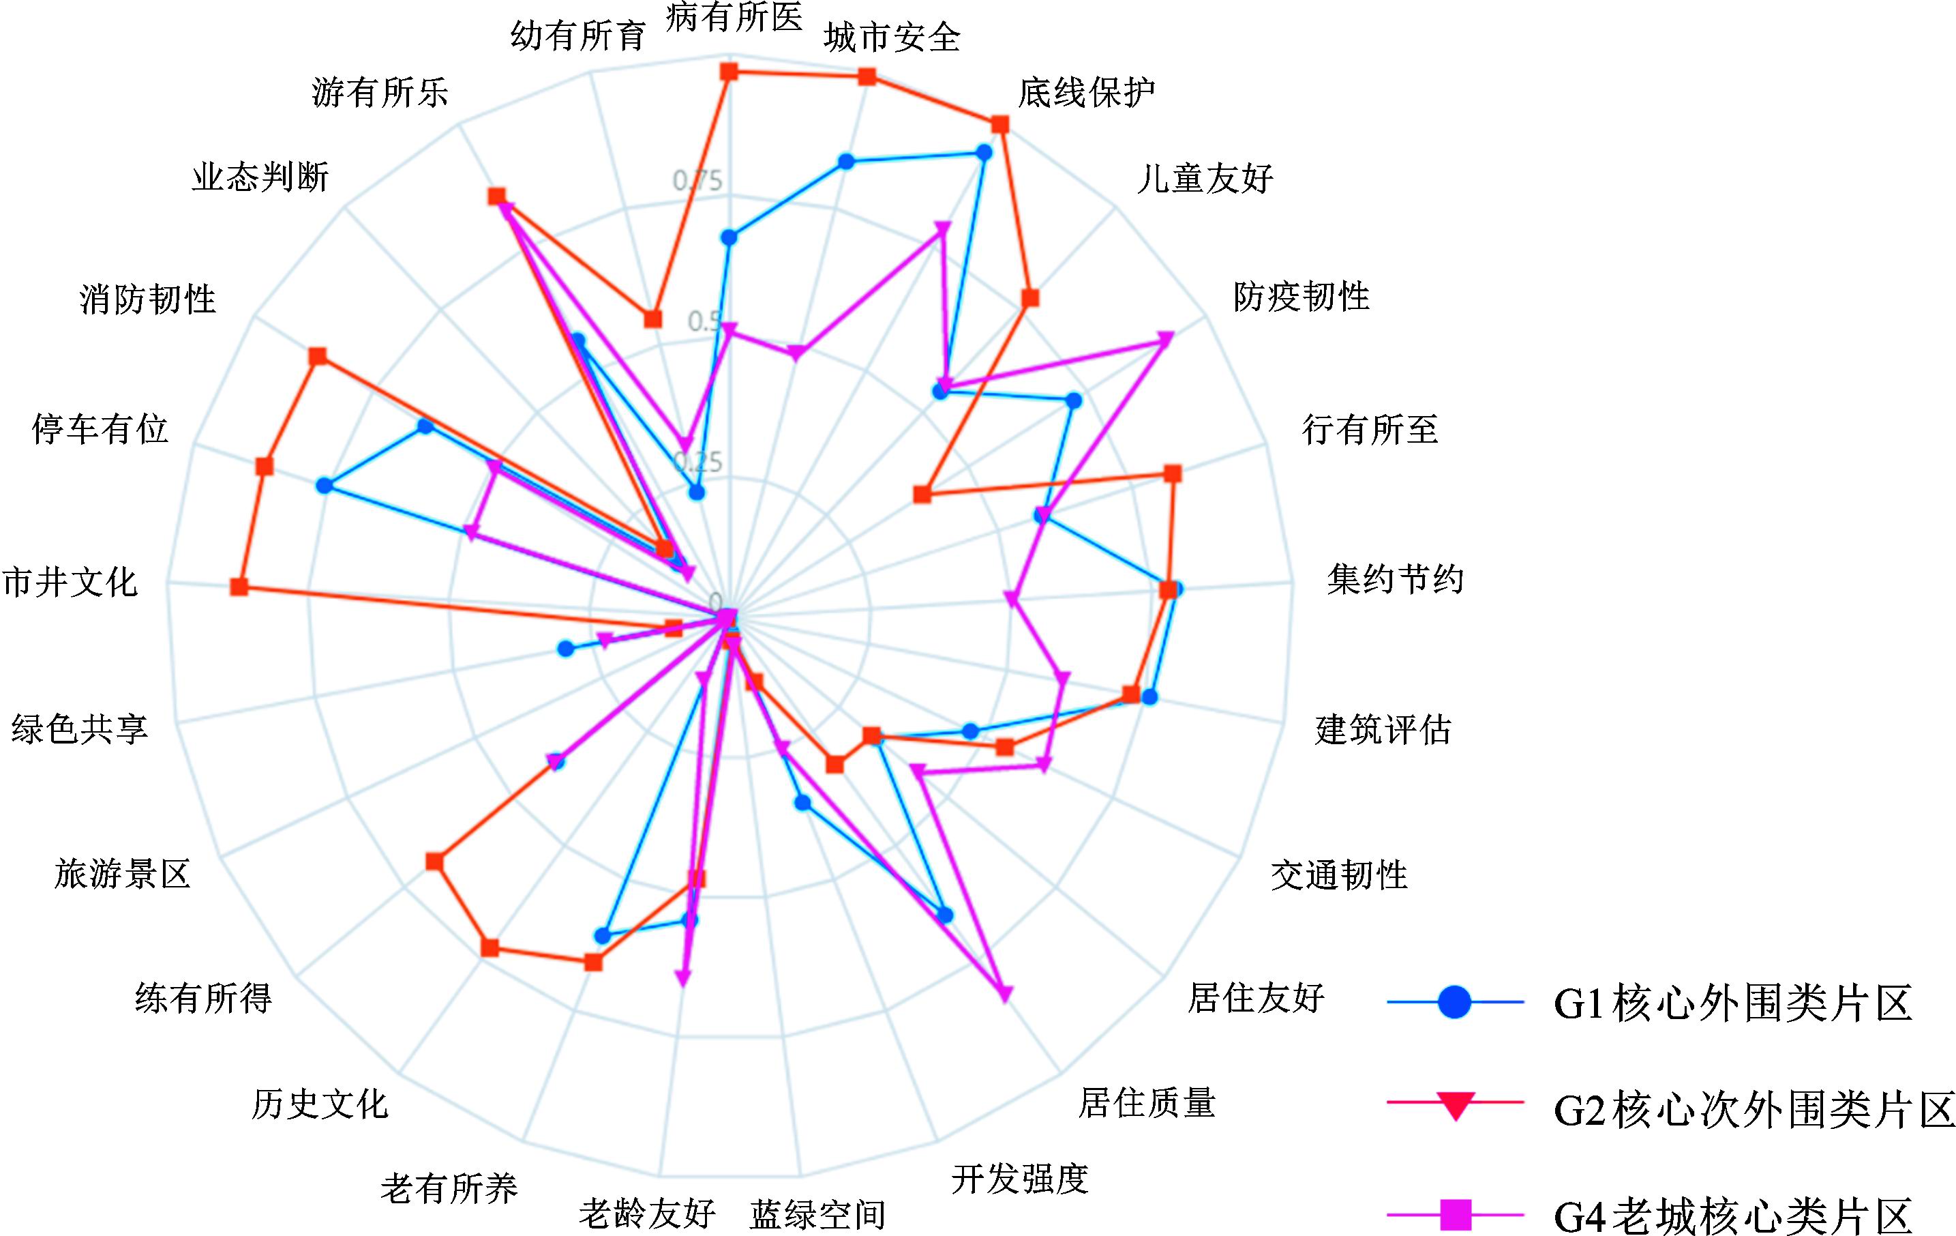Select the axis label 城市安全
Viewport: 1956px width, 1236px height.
(x=892, y=38)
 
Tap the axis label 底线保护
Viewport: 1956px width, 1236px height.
(x=1086, y=93)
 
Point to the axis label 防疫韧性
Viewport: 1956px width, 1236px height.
(x=1302, y=297)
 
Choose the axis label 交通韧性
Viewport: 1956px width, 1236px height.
(x=1339, y=875)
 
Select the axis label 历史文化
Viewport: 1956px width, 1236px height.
(x=319, y=1104)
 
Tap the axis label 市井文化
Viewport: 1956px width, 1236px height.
(x=70, y=583)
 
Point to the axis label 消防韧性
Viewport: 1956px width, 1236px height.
(x=148, y=299)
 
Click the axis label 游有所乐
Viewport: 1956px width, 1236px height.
(x=379, y=93)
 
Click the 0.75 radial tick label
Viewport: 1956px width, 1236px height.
(x=697, y=180)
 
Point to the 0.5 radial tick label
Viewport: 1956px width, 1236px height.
(x=704, y=322)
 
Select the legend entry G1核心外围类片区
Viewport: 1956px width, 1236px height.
(x=1732, y=1003)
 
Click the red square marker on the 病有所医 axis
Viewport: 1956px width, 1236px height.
(x=729, y=72)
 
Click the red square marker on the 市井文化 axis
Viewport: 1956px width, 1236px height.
(x=239, y=587)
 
